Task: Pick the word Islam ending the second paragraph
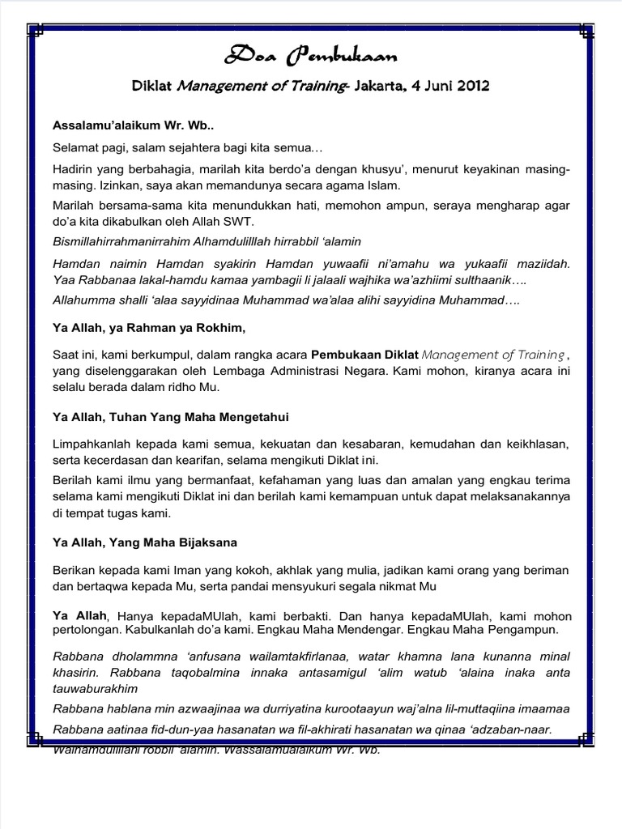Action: [x=381, y=185]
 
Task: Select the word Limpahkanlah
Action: [x=92, y=444]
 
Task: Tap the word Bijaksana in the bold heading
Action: [x=202, y=542]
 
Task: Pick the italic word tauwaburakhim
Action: [x=95, y=688]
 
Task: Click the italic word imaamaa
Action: [x=543, y=708]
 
